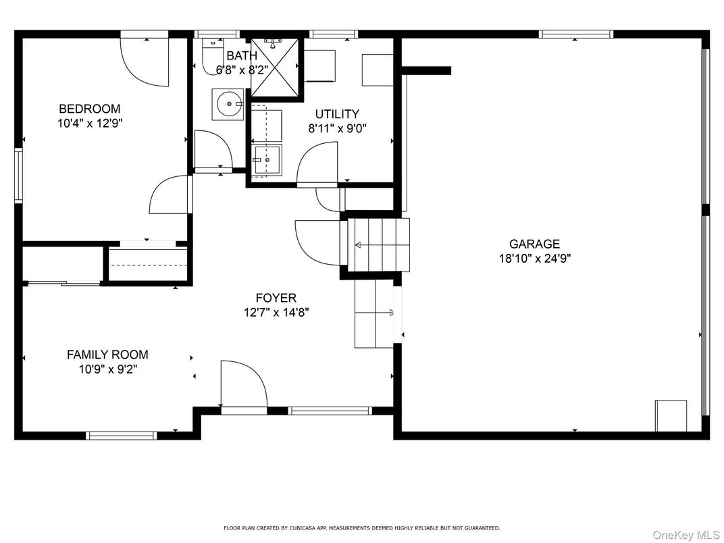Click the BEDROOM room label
90,109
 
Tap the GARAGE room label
534,244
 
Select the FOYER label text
276,298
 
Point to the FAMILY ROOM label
107,355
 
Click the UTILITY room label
337,113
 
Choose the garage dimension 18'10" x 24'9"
535,259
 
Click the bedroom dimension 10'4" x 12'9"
90,124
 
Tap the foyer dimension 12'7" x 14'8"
276,313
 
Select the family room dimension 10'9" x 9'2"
107,369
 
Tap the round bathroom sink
228,105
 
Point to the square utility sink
266,160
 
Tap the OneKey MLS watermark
686,535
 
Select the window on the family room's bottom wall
122,435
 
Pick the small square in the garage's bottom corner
671,415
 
